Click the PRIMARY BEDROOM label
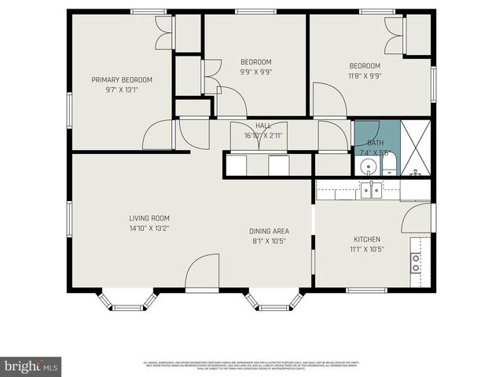[x=122, y=80]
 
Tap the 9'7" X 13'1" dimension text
[x=122, y=90]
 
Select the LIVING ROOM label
[x=149, y=218]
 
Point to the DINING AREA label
[x=270, y=231]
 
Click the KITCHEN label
[x=367, y=240]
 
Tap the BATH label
[x=376, y=143]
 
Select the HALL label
[x=263, y=126]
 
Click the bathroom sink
[x=367, y=166]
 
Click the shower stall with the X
[x=416, y=148]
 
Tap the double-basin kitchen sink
[x=371, y=189]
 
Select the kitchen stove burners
[x=416, y=262]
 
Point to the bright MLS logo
[x=31, y=365]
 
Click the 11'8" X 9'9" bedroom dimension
[x=365, y=76]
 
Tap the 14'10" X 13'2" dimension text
[x=149, y=228]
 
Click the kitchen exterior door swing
[x=417, y=219]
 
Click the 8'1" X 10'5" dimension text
[x=270, y=240]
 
